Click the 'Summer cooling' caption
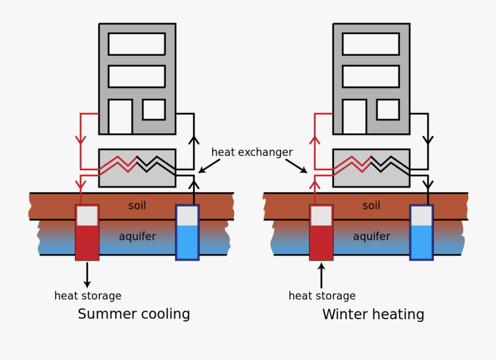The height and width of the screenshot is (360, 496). (x=134, y=314)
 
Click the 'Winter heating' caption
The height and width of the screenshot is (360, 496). (x=373, y=315)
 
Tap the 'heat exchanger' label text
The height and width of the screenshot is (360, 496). (x=252, y=152)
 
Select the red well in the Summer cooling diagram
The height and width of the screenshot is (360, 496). (x=87, y=233)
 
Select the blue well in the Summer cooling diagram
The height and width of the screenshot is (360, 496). (x=187, y=233)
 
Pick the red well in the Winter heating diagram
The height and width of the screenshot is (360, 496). (x=321, y=233)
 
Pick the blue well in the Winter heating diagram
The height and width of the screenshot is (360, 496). (x=422, y=233)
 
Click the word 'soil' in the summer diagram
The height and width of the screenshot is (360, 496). (x=137, y=206)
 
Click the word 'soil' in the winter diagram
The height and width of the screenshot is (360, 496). (x=371, y=206)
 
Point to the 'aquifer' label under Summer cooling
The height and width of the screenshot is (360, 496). (x=137, y=237)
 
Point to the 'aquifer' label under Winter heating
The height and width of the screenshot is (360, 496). (x=371, y=237)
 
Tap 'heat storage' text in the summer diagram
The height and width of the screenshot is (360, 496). (x=88, y=296)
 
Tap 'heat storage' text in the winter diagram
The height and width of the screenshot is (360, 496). (x=322, y=296)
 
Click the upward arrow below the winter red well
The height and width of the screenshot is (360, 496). (x=321, y=275)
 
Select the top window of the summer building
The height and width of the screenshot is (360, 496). (x=137, y=44)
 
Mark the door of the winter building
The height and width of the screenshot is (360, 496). (x=354, y=117)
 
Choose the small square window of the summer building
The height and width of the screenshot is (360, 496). (x=154, y=110)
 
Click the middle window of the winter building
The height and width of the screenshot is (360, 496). (x=371, y=77)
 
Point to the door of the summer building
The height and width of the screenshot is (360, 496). (x=120, y=117)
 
